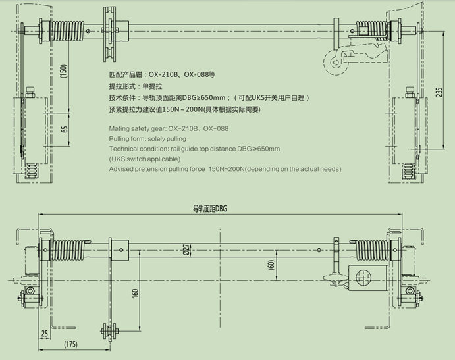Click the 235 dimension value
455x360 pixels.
coord(439,92)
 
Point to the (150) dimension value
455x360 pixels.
coord(64,71)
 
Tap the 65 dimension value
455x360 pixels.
coord(65,129)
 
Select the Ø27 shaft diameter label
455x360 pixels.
coord(187,249)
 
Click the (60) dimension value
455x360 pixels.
coord(271,265)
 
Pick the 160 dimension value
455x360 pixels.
coord(135,294)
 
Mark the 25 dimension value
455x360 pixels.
coord(44,334)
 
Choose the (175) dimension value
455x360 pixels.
coord(71,344)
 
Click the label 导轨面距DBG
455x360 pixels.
coord(210,209)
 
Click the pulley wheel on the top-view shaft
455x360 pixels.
coord(110,34)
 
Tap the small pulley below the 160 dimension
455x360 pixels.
coord(109,330)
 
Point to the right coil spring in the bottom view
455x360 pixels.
coord(372,250)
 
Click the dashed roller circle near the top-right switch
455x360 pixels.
coord(336,63)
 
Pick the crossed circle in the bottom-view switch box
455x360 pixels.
coord(363,277)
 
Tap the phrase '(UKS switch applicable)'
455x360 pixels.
coord(144,159)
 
